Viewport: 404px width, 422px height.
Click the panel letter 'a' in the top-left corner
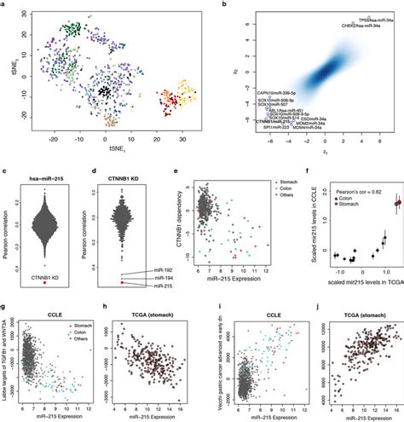4,4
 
